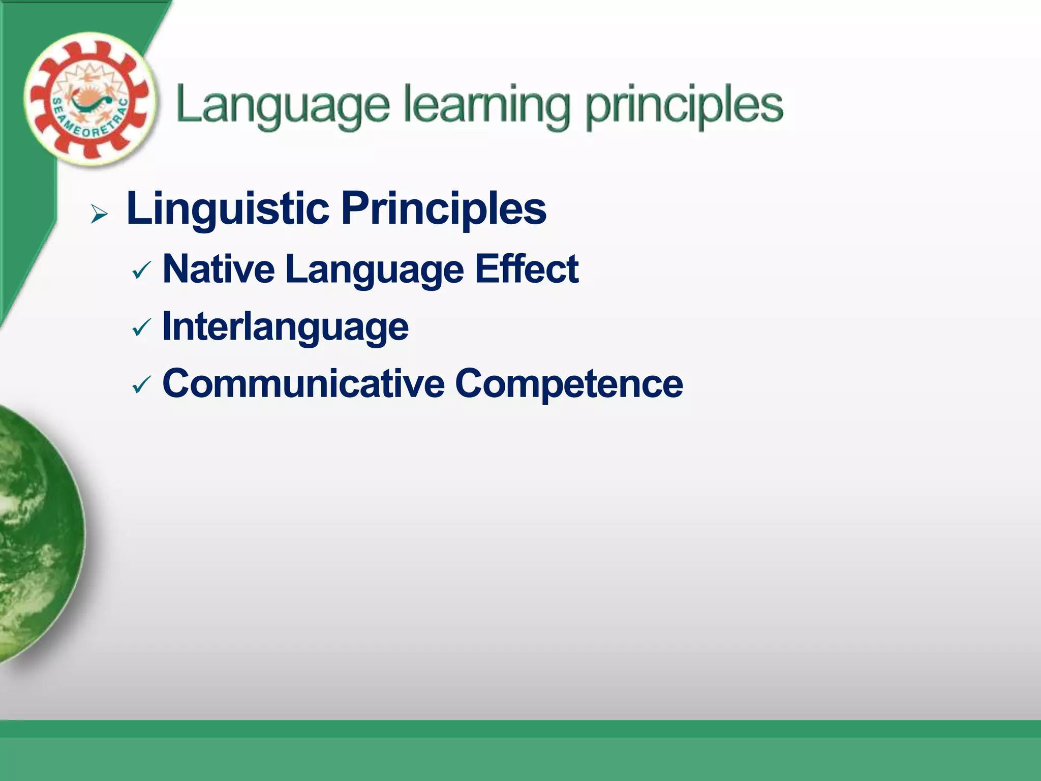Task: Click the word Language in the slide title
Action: coord(283,106)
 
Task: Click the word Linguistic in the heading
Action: coord(228,208)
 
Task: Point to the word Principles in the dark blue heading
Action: coord(444,208)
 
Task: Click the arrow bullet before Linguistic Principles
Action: coord(99,214)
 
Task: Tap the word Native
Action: coord(219,269)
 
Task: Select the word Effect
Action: coord(527,269)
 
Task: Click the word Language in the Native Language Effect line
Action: coord(375,270)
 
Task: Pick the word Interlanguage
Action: coord(285,327)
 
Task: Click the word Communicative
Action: coord(303,383)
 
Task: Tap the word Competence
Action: coord(569,384)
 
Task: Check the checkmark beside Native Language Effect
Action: coord(141,271)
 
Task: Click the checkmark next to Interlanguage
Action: coord(141,328)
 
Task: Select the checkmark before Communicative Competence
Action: coord(141,385)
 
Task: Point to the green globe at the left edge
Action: coord(36,534)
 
